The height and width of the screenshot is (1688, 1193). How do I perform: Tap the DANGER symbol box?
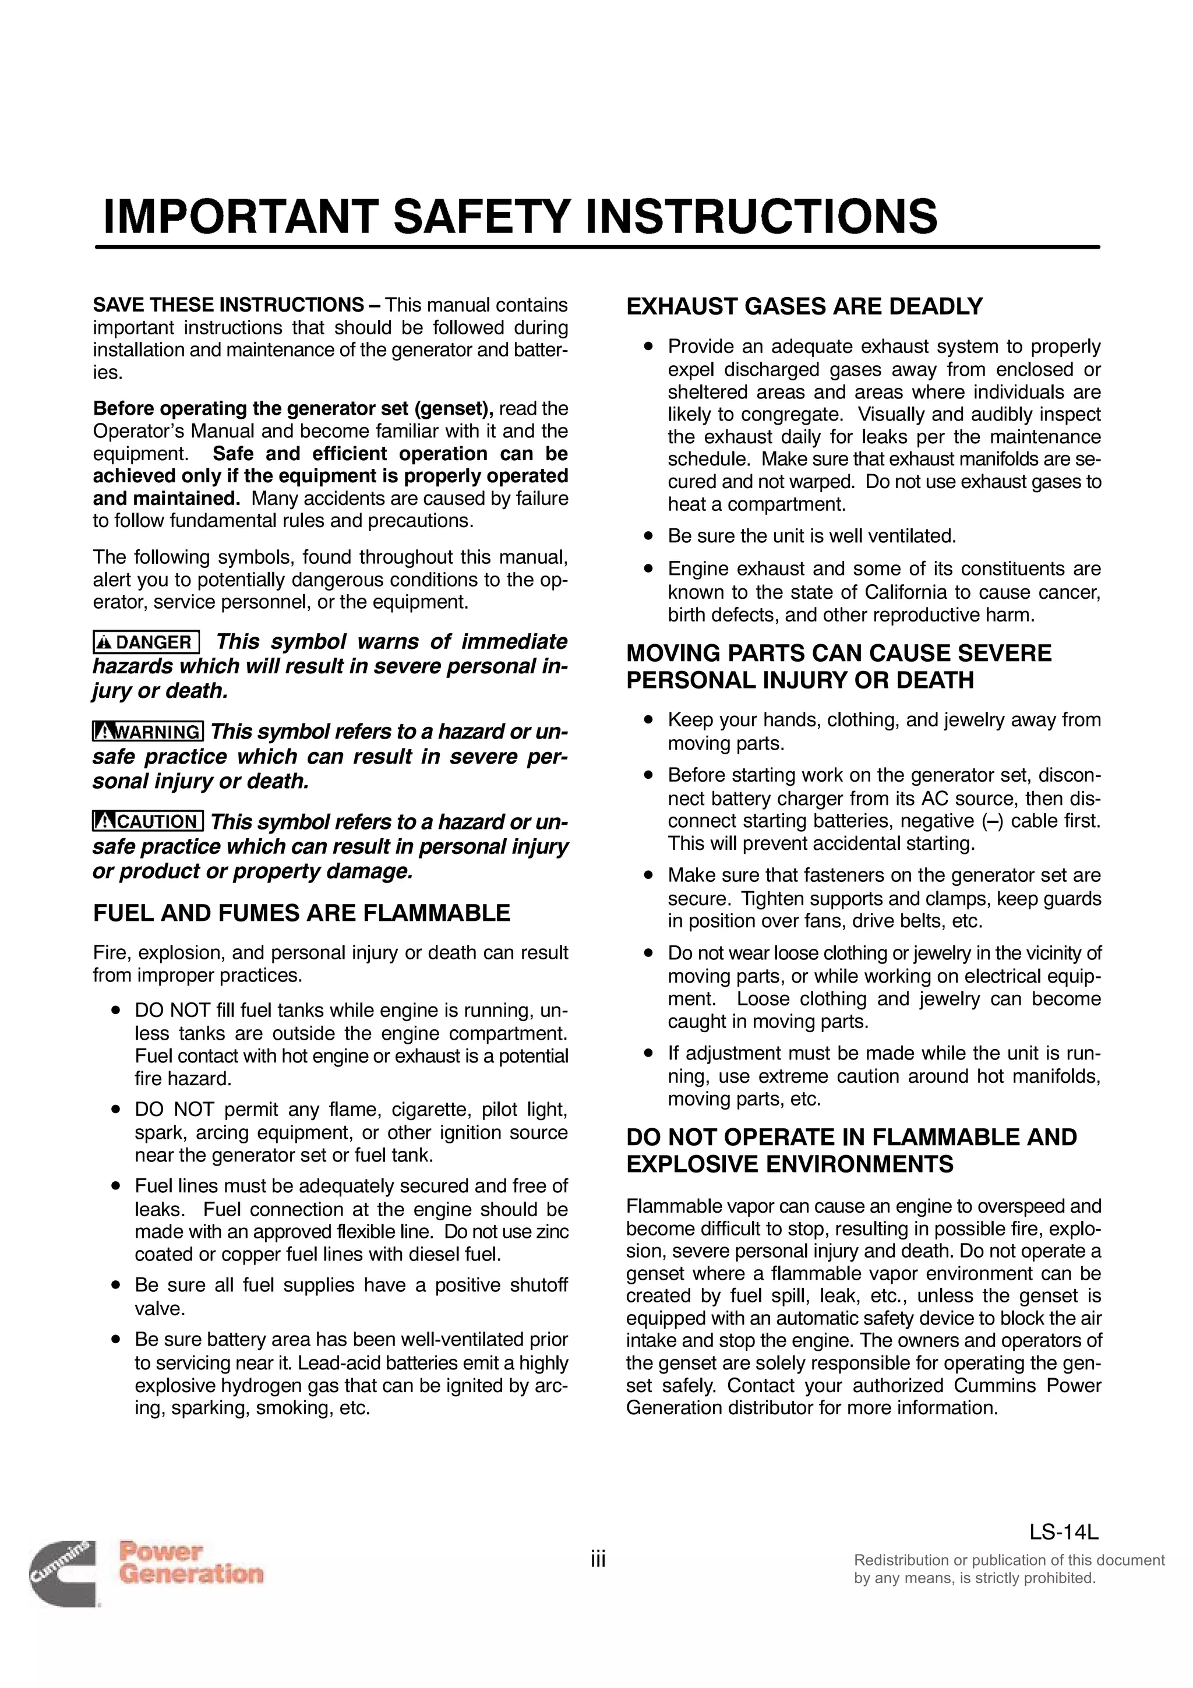[146, 642]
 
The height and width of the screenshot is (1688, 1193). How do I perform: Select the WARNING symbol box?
[148, 732]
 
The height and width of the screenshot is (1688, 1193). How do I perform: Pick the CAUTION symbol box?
[148, 821]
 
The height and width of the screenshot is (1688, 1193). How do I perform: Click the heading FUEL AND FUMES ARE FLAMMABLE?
[301, 913]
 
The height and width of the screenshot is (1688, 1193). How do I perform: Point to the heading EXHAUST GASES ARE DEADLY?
[804, 306]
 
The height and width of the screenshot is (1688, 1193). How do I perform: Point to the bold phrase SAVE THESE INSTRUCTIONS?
[228, 305]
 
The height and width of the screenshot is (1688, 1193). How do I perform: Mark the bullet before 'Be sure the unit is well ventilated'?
[648, 536]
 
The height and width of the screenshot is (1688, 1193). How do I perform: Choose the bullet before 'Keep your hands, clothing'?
[648, 721]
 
